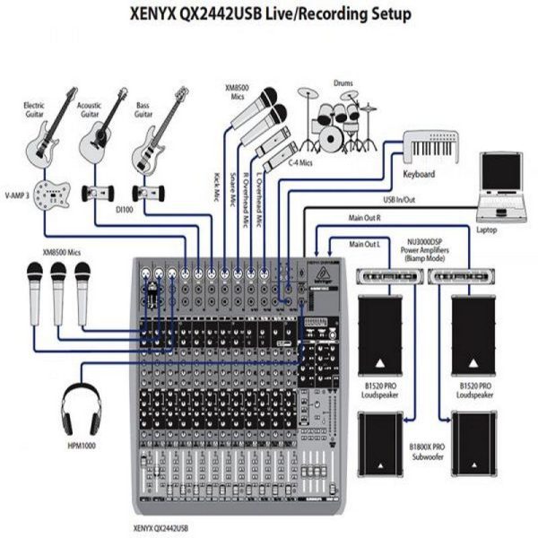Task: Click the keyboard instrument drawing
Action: click(431, 143)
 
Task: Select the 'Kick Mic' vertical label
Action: click(218, 188)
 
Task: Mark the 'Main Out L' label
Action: click(365, 244)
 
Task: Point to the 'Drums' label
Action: click(344, 82)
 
